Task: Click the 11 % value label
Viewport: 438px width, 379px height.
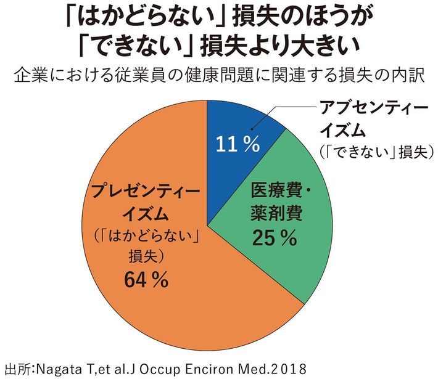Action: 236,144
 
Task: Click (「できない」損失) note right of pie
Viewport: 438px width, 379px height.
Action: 373,151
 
